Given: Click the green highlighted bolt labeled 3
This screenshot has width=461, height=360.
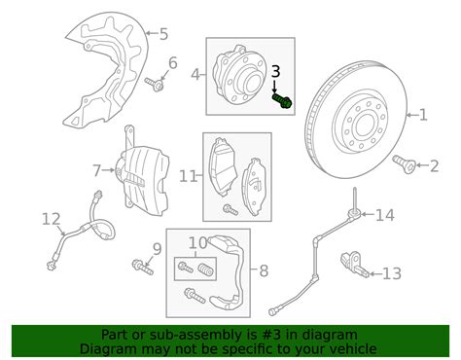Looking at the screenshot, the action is pyautogui.click(x=282, y=100).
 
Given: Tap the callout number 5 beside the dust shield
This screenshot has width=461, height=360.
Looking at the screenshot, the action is pyautogui.click(x=163, y=33).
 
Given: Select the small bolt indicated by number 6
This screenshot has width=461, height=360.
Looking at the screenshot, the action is pyautogui.click(x=154, y=85).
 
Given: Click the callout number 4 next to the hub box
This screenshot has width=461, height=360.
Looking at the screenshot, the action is pyautogui.click(x=195, y=75).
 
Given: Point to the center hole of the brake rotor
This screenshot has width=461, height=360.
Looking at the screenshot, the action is pyautogui.click(x=367, y=125).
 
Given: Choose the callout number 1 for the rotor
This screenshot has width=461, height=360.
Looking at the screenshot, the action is pyautogui.click(x=423, y=115).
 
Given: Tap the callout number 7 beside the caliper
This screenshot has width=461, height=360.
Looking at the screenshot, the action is pyautogui.click(x=97, y=171).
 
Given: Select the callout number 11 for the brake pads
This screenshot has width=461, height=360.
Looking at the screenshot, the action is pyautogui.click(x=189, y=176).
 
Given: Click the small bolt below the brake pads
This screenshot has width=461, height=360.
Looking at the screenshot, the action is pyautogui.click(x=230, y=209).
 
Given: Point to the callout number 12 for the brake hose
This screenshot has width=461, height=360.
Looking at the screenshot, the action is pyautogui.click(x=52, y=219).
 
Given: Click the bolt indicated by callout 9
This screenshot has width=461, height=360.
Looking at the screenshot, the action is pyautogui.click(x=143, y=267).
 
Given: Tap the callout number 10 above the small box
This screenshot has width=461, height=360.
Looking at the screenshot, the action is pyautogui.click(x=197, y=242).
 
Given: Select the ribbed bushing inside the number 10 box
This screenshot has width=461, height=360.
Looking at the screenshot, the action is pyautogui.click(x=206, y=270).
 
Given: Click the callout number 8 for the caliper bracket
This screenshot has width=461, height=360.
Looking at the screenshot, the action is pyautogui.click(x=264, y=270).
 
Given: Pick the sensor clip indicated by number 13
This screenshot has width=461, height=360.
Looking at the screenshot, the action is pyautogui.click(x=354, y=265).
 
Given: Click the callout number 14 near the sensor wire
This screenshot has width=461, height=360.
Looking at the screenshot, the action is pyautogui.click(x=385, y=215).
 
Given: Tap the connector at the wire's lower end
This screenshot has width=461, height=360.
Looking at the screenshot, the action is pyautogui.click(x=272, y=312).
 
